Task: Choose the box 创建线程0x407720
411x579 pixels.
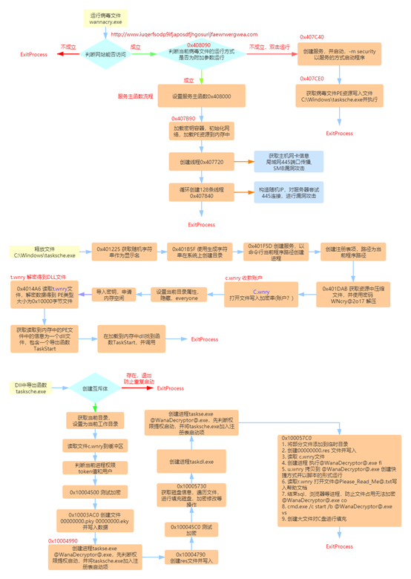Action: (201, 160)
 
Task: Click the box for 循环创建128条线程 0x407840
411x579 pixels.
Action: (201, 192)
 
